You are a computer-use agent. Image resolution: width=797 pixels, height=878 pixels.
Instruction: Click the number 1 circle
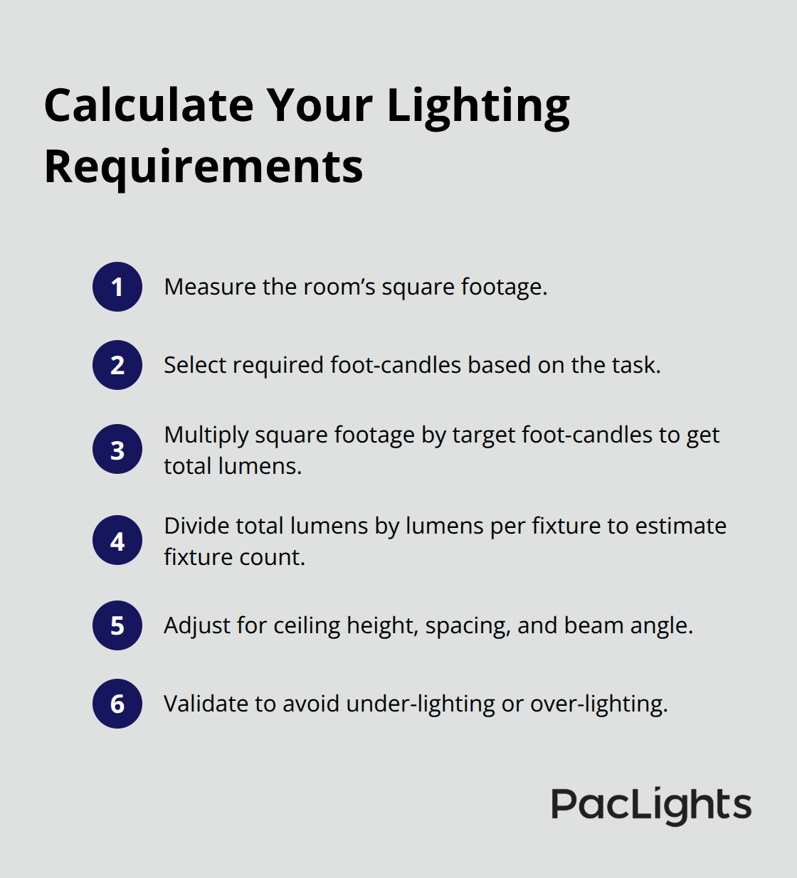(117, 287)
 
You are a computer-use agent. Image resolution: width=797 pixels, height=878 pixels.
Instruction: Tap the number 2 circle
(117, 365)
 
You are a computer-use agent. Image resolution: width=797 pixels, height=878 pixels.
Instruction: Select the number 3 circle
(117, 450)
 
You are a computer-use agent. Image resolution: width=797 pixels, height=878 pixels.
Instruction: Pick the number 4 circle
(117, 541)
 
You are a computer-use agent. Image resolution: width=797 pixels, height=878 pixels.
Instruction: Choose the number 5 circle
(117, 625)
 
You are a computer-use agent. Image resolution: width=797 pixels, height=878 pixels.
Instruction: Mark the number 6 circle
(117, 704)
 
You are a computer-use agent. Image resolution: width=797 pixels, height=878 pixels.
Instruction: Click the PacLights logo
(651, 805)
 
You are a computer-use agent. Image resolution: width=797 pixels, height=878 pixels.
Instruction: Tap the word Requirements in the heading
(204, 167)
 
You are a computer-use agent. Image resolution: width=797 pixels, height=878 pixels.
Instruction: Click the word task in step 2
(637, 365)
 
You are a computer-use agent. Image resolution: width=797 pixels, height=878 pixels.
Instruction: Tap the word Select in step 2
(195, 365)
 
